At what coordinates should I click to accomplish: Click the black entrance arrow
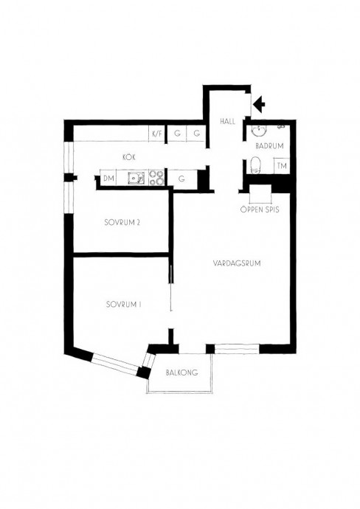click(259, 105)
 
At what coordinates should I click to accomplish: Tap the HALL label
click(227, 122)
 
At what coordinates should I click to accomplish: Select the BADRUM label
click(269, 146)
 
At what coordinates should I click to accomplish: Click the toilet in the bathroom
click(256, 165)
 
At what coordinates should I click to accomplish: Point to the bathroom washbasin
click(259, 131)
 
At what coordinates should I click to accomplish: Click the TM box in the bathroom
click(282, 166)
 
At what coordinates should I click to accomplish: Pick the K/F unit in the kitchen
click(157, 134)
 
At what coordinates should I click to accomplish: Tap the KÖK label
click(129, 157)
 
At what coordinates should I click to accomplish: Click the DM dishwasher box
click(108, 179)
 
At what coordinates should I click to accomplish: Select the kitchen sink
click(136, 179)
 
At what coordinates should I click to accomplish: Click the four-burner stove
click(156, 179)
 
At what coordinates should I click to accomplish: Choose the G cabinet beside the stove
click(181, 179)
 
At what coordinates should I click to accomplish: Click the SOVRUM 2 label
click(122, 223)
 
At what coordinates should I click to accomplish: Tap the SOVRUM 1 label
click(123, 305)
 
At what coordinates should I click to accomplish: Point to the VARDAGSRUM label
click(237, 263)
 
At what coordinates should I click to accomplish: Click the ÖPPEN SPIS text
click(260, 210)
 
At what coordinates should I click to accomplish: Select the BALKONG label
click(181, 373)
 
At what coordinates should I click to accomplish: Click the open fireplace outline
click(260, 194)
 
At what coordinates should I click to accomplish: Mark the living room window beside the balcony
click(237, 349)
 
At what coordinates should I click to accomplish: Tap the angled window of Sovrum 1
click(115, 363)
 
